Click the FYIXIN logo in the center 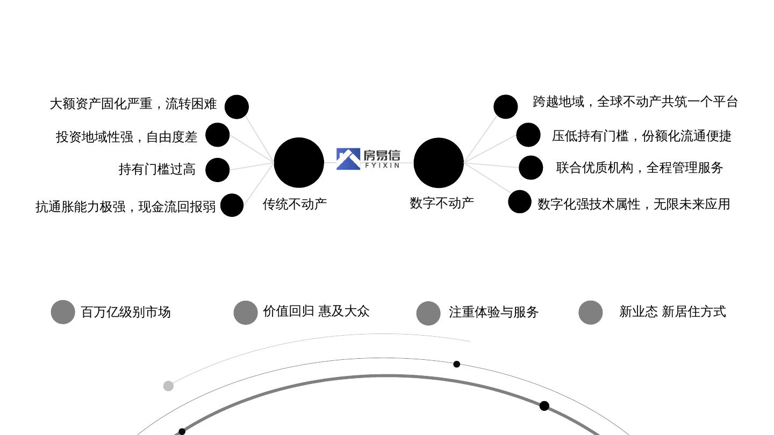[368, 159]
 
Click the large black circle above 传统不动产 [299, 163]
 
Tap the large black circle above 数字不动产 [439, 163]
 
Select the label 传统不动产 [295, 204]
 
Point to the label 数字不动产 [442, 203]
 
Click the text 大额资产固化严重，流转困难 [133, 104]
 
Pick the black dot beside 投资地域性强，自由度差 [218, 135]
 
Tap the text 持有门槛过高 [157, 169]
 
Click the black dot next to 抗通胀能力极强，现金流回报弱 [232, 205]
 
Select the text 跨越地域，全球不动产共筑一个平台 [635, 102]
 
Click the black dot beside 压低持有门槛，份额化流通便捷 [528, 135]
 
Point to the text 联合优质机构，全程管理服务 [640, 168]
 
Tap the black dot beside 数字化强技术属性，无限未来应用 [520, 202]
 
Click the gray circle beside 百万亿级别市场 [63, 312]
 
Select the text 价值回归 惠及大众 [316, 311]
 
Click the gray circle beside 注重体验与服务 [428, 313]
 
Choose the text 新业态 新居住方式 [672, 311]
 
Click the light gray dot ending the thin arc [168, 386]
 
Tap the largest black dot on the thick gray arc [544, 406]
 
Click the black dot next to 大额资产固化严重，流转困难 [236, 107]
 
